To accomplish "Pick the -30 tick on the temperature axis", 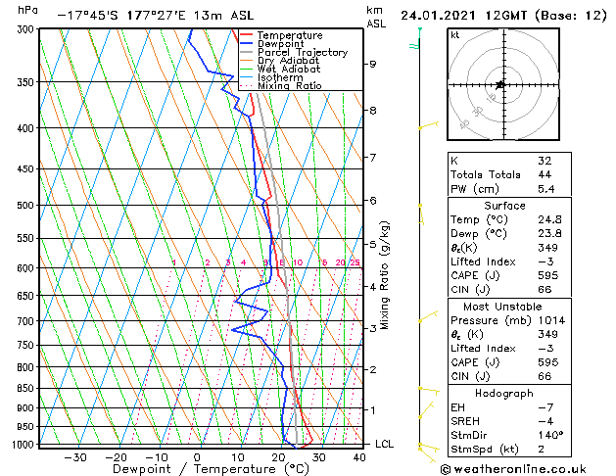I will pos(75,456).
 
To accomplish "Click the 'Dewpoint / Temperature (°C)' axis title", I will pos(197,470).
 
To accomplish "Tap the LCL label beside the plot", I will pos(386,444).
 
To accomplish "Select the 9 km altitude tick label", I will pos(372,64).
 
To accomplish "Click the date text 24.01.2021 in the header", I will pos(438,15).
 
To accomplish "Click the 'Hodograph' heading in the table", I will pos(503,393).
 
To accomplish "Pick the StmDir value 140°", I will pos(551,435).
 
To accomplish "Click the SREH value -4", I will pos(545,421).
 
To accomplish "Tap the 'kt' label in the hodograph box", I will pos(454,35).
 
